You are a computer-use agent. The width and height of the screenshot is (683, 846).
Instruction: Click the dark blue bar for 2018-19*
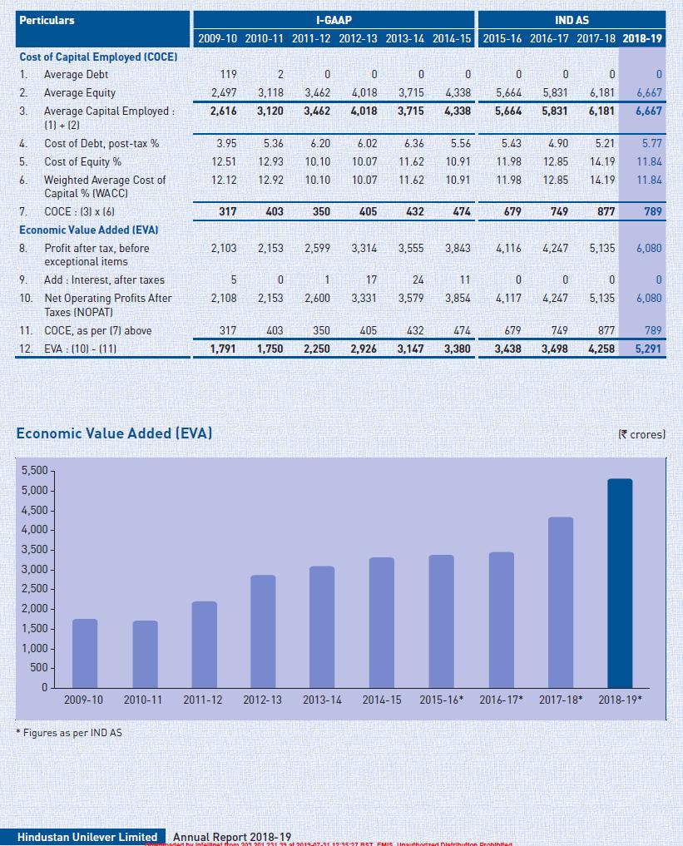click(x=620, y=582)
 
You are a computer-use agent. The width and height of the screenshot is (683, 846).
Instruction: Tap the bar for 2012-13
click(x=263, y=631)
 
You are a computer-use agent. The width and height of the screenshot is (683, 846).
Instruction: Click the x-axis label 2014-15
click(x=382, y=700)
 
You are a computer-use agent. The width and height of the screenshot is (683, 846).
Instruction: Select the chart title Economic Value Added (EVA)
click(x=114, y=433)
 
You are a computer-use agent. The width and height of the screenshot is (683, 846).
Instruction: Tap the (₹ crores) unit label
click(x=642, y=434)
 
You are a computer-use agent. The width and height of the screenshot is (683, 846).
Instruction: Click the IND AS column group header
click(x=572, y=20)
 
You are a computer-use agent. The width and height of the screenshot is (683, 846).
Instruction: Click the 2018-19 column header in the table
click(x=643, y=39)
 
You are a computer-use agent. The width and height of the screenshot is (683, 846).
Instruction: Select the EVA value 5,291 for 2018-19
click(x=647, y=349)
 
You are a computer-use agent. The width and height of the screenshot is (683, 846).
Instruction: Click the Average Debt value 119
click(x=228, y=75)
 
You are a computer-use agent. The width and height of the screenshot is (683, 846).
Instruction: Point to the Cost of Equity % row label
click(x=82, y=161)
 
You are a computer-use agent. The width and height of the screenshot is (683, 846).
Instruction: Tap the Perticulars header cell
click(x=47, y=20)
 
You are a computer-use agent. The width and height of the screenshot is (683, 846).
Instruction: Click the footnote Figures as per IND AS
click(x=69, y=733)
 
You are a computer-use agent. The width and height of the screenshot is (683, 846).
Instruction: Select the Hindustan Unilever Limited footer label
click(x=87, y=837)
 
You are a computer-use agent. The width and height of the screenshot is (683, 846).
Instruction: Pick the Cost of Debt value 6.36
click(x=413, y=144)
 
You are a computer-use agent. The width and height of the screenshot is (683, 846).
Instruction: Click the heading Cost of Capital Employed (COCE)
click(x=98, y=57)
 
